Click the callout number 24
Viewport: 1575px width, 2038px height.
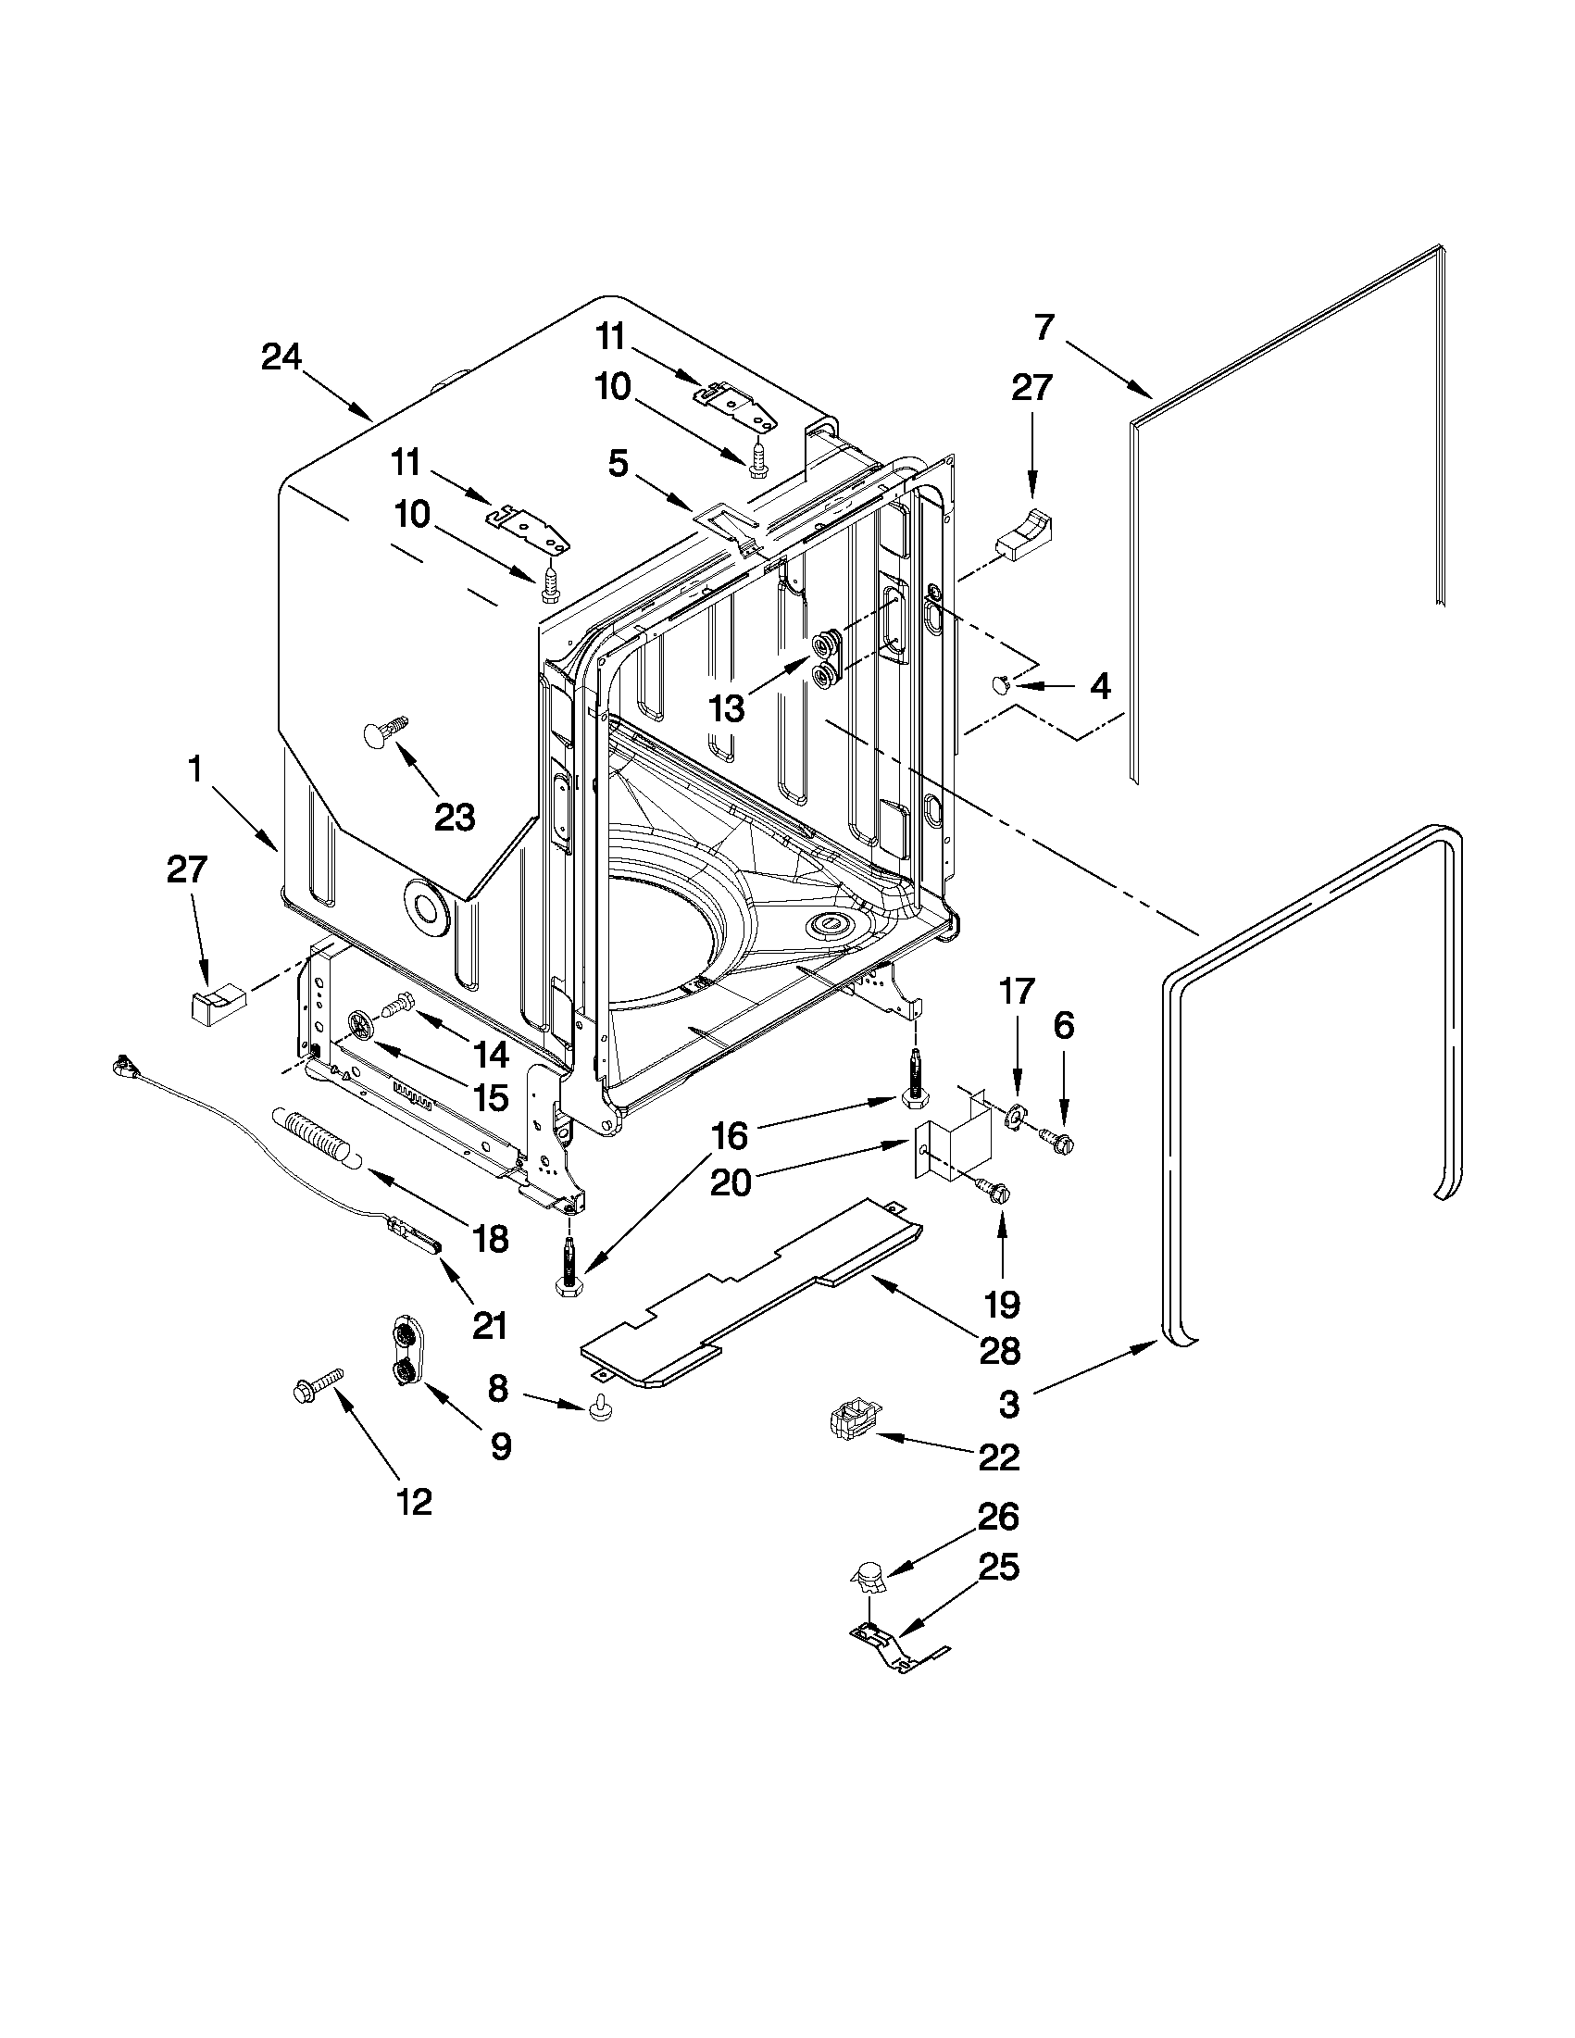(x=281, y=357)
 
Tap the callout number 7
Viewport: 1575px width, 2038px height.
(x=1044, y=329)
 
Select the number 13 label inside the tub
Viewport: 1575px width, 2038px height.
(x=727, y=708)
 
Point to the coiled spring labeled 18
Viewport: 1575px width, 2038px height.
(x=316, y=1135)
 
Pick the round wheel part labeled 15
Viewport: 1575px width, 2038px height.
(x=361, y=1026)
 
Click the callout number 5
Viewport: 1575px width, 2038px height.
(x=619, y=464)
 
